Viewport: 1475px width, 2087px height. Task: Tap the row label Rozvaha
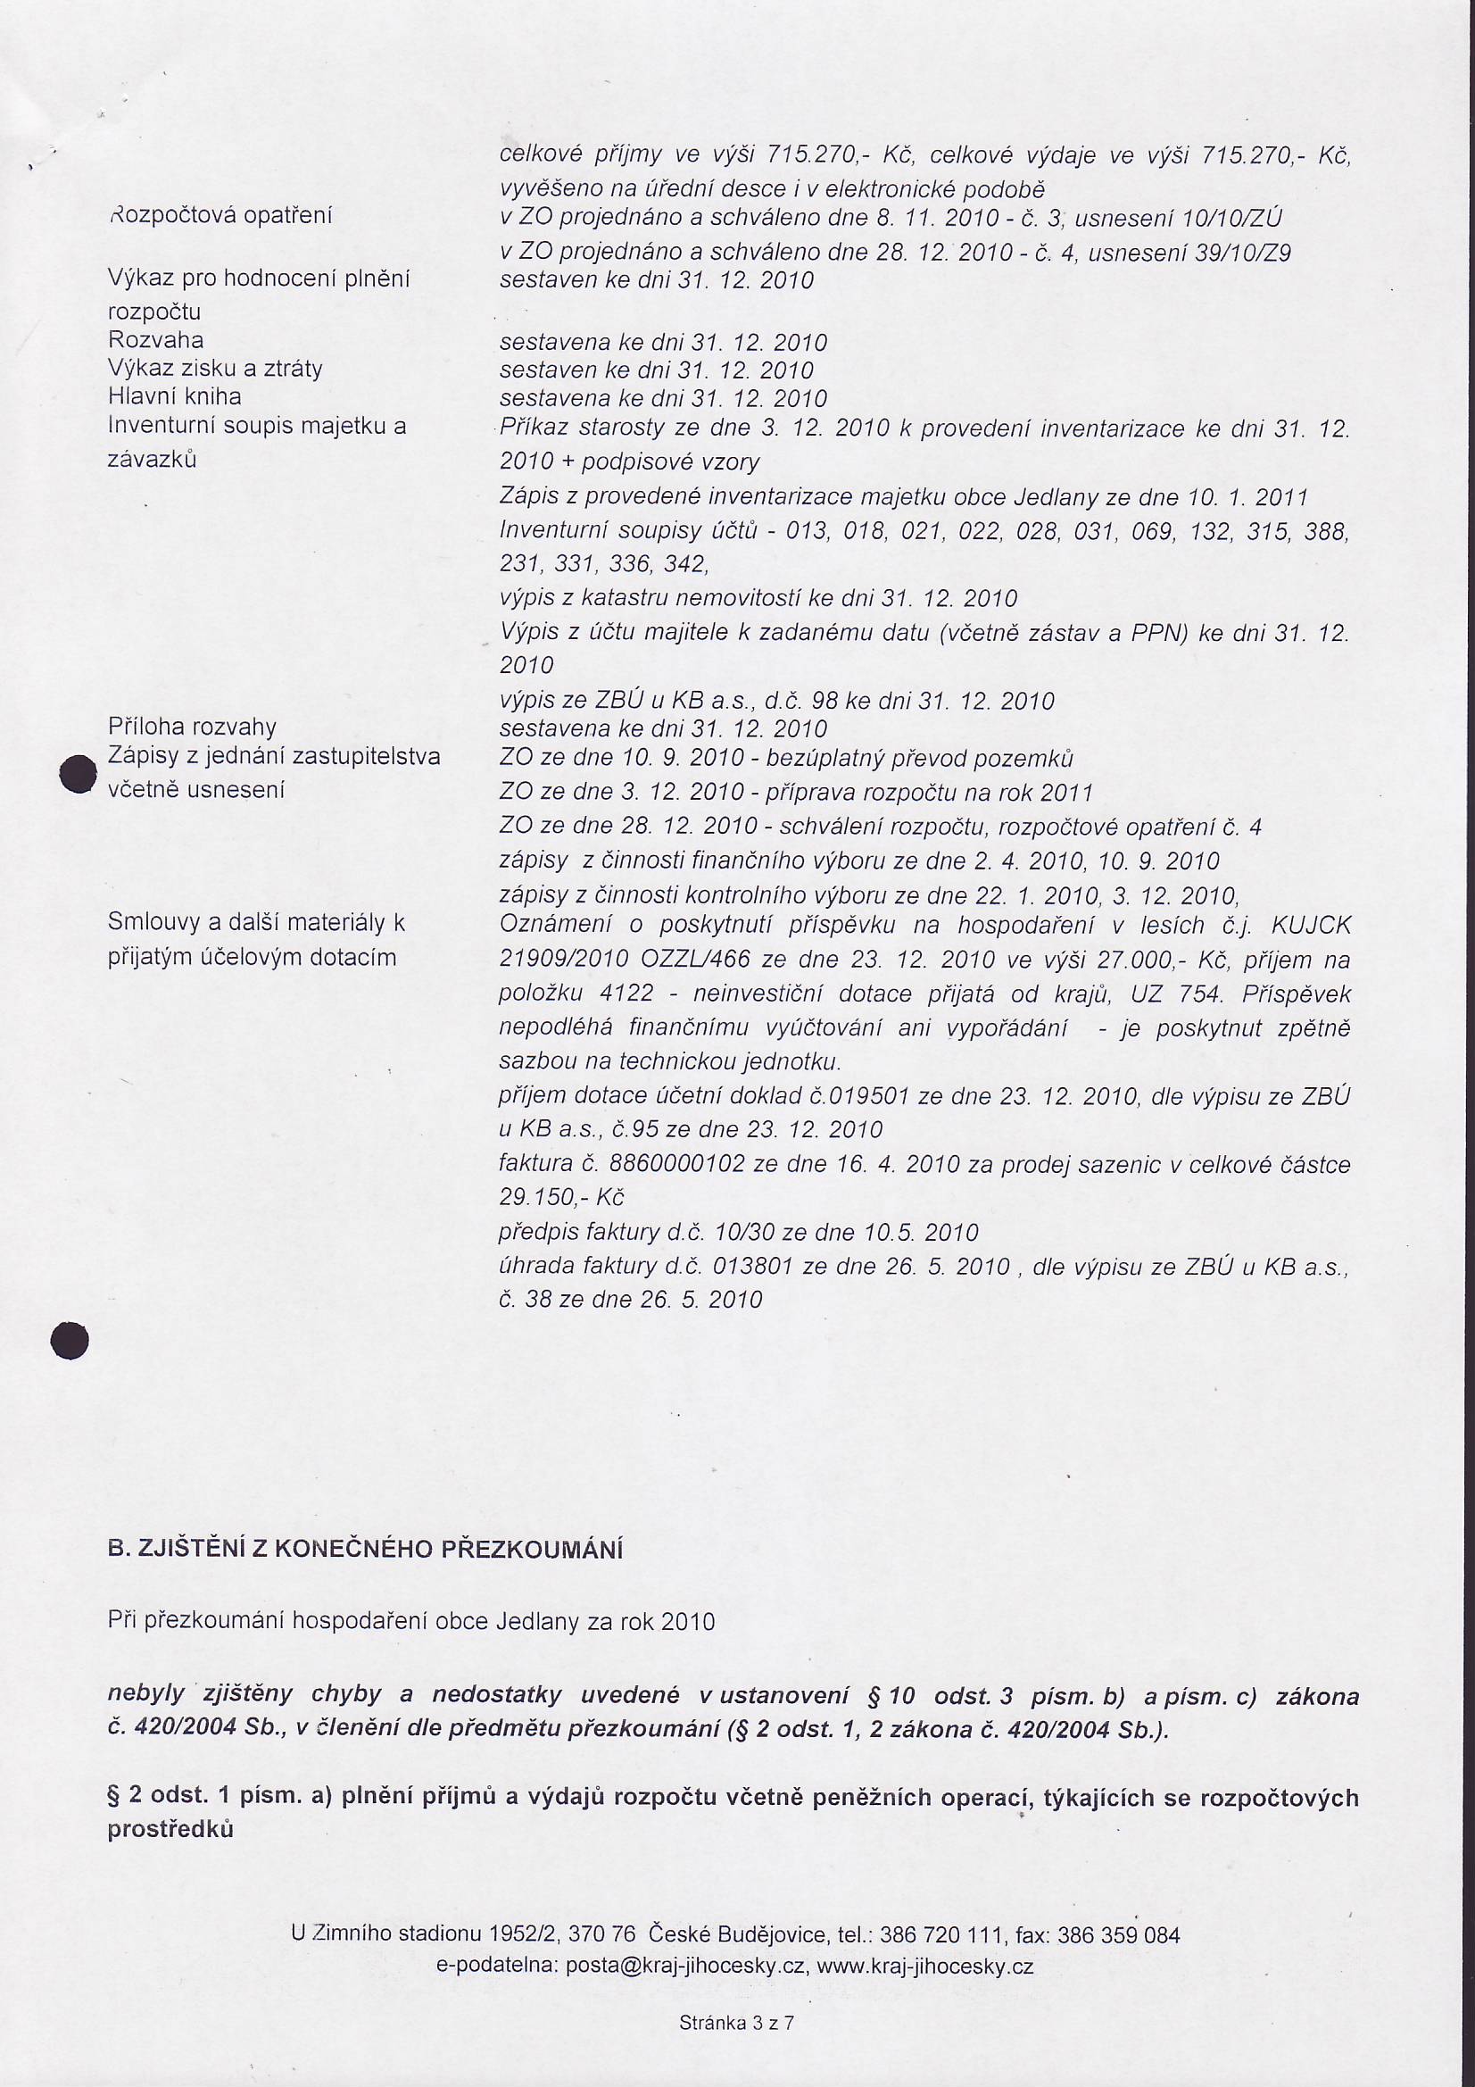coord(155,341)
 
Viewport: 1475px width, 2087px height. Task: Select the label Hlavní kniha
coord(174,397)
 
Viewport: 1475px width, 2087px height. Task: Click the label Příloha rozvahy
coord(192,728)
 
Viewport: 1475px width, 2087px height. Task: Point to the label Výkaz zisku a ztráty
coord(215,369)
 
